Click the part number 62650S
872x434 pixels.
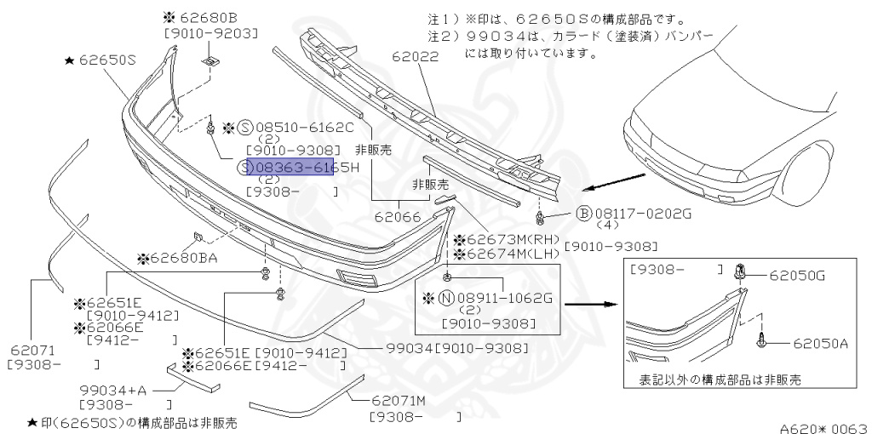(x=107, y=60)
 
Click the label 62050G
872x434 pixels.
(x=797, y=275)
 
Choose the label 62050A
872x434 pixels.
(x=821, y=344)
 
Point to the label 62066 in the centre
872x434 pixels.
(x=398, y=217)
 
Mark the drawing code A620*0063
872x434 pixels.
(x=823, y=425)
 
